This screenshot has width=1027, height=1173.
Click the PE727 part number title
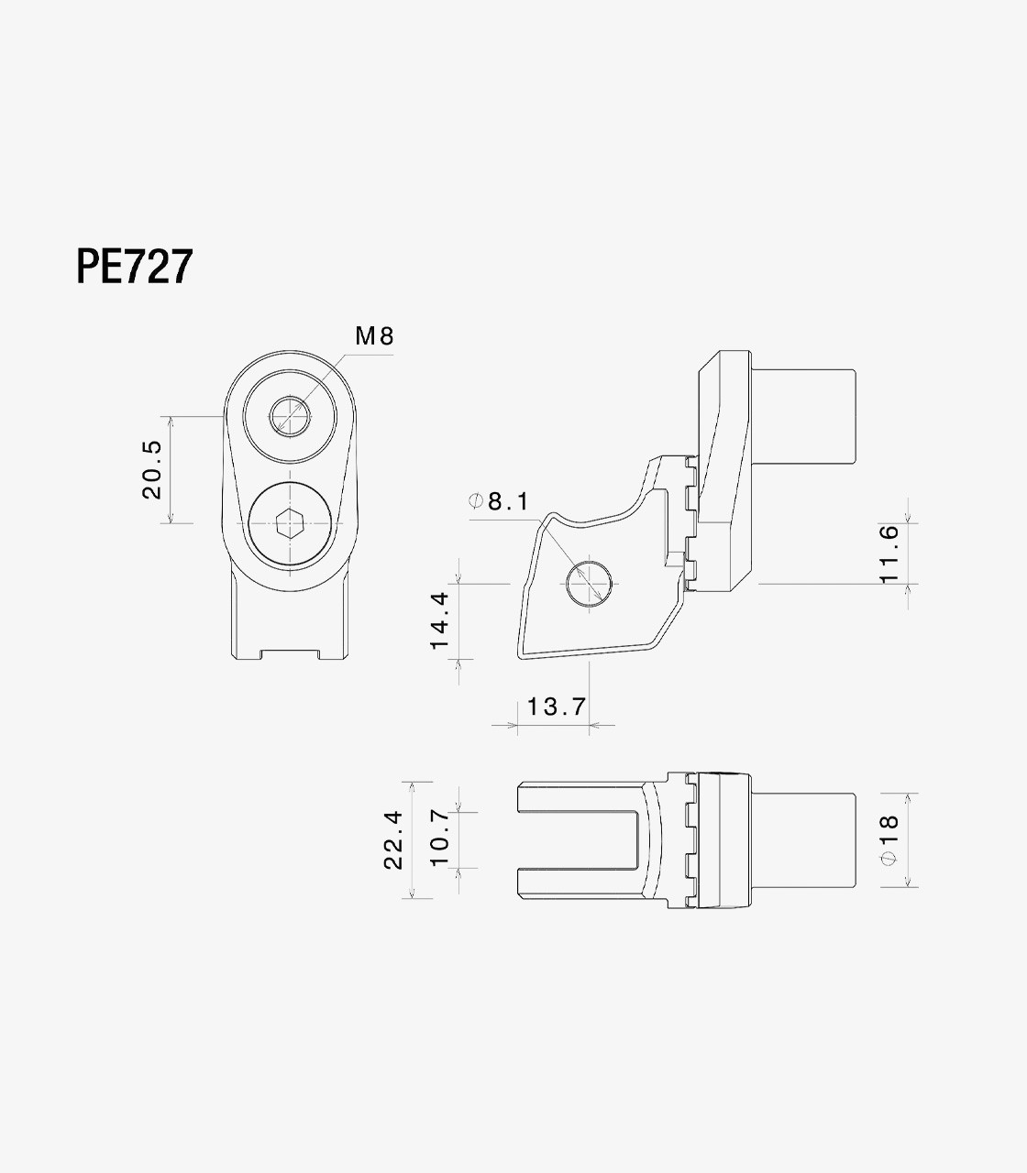pyautogui.click(x=134, y=266)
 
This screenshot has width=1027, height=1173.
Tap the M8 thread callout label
pyautogui.click(x=375, y=336)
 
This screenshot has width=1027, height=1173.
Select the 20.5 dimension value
pyautogui.click(x=152, y=469)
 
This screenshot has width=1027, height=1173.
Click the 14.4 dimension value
pyautogui.click(x=440, y=621)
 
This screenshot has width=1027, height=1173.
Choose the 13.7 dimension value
pyautogui.click(x=557, y=707)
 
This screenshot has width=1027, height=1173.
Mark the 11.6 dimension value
pyautogui.click(x=889, y=554)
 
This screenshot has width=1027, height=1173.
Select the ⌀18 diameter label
pyautogui.click(x=889, y=840)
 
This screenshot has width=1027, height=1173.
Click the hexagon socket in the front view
pyautogui.click(x=291, y=523)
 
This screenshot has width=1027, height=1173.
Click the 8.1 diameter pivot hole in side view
pyautogui.click(x=590, y=584)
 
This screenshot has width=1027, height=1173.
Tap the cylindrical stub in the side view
pyautogui.click(x=803, y=416)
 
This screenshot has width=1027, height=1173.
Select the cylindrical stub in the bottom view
pyautogui.click(x=803, y=840)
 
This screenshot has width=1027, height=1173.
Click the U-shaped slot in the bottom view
pyautogui.click(x=580, y=840)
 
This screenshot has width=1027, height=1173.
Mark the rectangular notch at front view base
pyautogui.click(x=291, y=654)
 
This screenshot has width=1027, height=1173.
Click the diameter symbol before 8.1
pyautogui.click(x=475, y=501)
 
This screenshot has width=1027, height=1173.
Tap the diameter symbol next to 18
pyautogui.click(x=889, y=860)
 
